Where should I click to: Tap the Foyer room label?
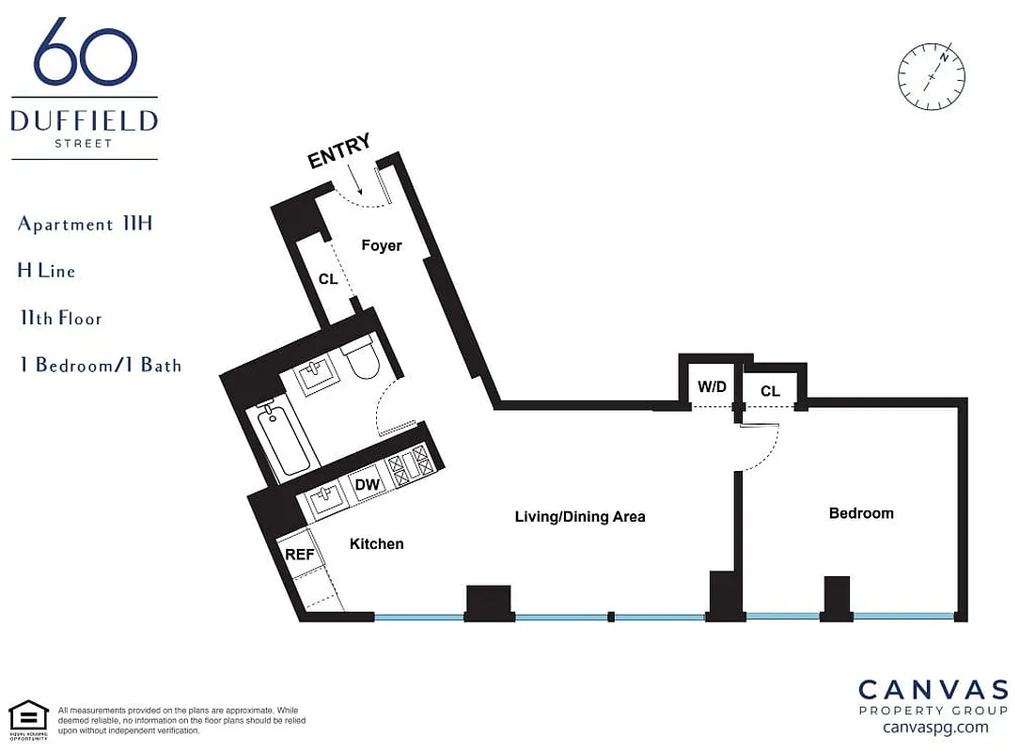click(382, 245)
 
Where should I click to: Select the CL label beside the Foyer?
click(327, 279)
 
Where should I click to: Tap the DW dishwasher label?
click(367, 485)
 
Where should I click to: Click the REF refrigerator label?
click(299, 555)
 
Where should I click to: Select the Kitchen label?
click(376, 544)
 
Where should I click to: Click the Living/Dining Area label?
click(580, 517)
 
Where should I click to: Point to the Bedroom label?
click(861, 513)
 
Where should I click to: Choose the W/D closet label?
click(712, 387)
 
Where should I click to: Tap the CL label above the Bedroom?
click(770, 390)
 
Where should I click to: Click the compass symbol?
click(932, 75)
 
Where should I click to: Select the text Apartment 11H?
click(85, 225)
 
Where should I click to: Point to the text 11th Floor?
click(60, 318)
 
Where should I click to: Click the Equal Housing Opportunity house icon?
click(28, 715)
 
